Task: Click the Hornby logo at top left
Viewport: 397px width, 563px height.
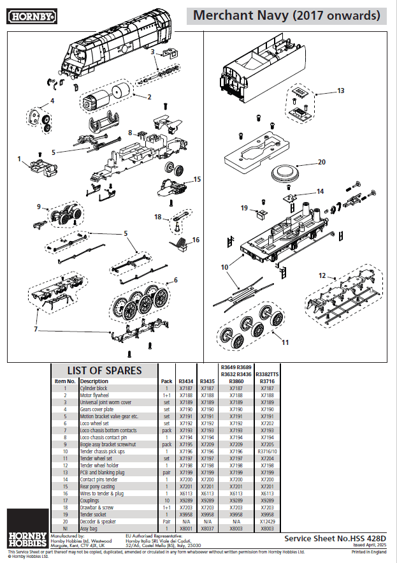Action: point(29,14)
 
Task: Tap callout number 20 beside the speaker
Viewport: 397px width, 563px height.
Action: point(321,161)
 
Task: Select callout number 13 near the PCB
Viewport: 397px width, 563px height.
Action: point(340,91)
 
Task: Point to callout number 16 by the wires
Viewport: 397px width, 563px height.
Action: point(196,240)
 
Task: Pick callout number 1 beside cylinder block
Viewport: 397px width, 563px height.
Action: point(19,158)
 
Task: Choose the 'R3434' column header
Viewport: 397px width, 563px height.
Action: point(185,381)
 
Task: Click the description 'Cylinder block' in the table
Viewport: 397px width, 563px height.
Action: point(93,388)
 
